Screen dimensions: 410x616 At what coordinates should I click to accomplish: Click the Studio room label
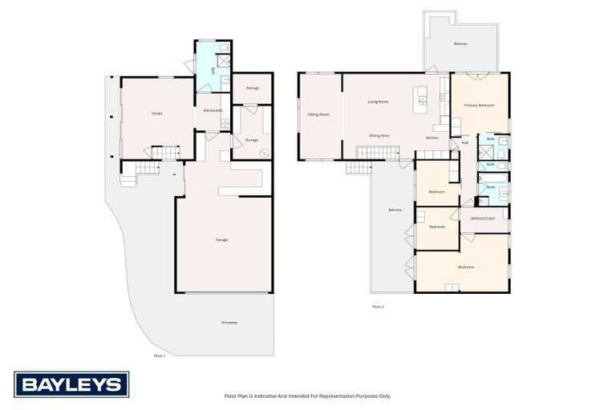point(157,113)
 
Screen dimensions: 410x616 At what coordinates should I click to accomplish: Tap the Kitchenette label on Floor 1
point(213,110)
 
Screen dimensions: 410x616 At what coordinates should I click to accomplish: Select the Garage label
point(221,239)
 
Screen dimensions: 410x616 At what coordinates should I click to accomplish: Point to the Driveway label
point(229,322)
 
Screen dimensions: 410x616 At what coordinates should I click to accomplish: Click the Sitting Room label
point(318,115)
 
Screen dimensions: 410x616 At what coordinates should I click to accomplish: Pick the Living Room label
point(378,102)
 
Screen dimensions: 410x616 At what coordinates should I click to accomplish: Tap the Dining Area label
point(379,136)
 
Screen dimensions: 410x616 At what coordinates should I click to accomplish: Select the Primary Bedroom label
point(479,106)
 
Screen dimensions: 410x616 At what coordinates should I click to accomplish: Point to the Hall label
point(464,143)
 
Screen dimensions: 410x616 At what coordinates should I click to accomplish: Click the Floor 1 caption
point(159,355)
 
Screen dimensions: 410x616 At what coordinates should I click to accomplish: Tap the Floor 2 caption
point(378,306)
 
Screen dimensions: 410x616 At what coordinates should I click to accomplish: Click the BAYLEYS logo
point(71,384)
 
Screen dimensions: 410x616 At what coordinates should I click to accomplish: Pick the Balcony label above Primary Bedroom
point(460,44)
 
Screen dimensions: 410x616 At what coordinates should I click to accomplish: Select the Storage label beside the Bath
point(252,87)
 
